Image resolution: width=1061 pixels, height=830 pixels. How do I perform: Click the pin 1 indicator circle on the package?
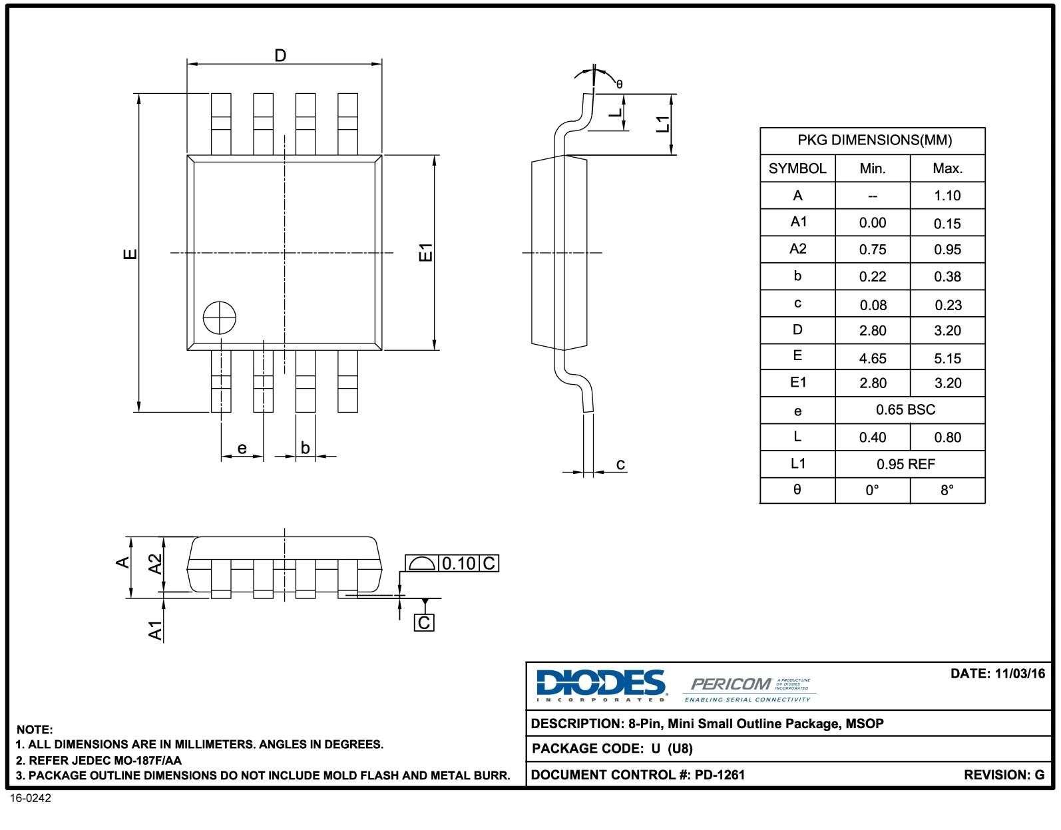click(219, 317)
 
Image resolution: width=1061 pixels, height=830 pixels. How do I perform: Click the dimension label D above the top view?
click(280, 55)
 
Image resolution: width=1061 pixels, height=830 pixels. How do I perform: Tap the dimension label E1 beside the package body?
click(425, 252)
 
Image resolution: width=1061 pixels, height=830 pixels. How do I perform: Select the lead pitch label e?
click(242, 448)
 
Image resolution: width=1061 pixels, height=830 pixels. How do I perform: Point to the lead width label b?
click(305, 447)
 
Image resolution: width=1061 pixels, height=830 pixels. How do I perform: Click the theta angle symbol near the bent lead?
click(619, 85)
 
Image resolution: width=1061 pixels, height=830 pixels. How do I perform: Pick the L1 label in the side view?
click(662, 124)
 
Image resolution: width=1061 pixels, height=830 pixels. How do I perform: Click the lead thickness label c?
click(620, 464)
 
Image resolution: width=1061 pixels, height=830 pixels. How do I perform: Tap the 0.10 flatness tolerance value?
click(459, 564)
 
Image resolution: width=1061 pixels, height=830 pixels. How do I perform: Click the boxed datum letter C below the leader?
click(424, 623)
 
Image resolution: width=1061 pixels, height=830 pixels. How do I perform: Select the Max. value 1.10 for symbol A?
click(947, 196)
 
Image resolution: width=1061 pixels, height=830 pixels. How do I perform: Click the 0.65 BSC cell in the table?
click(905, 410)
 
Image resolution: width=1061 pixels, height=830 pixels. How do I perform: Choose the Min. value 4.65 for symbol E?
click(873, 358)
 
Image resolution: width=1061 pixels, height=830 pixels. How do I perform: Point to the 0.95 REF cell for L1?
click(905, 464)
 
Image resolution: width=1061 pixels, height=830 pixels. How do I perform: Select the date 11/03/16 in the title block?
click(1020, 674)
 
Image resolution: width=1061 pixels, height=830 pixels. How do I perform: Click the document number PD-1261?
click(720, 775)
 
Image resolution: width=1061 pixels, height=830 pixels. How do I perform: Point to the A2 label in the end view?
click(155, 564)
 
